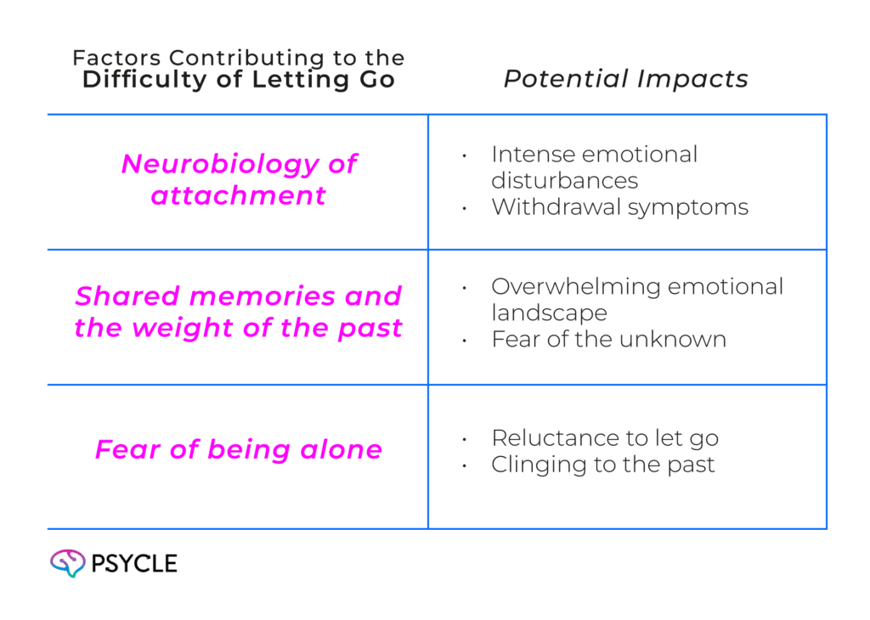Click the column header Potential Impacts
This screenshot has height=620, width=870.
(625, 80)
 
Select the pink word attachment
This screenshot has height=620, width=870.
(238, 195)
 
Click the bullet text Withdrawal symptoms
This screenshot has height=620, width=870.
(619, 207)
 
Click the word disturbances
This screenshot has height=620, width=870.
(564, 181)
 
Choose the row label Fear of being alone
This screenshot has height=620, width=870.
(238, 449)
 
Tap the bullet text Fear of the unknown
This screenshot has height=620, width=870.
(608, 340)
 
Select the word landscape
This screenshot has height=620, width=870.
(549, 313)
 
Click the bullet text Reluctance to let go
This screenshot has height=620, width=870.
(605, 438)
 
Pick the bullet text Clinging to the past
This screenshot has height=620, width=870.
(602, 465)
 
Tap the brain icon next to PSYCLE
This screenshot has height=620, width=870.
(67, 563)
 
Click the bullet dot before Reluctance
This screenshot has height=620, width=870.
(465, 440)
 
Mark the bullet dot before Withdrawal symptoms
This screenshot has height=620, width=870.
(465, 209)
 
